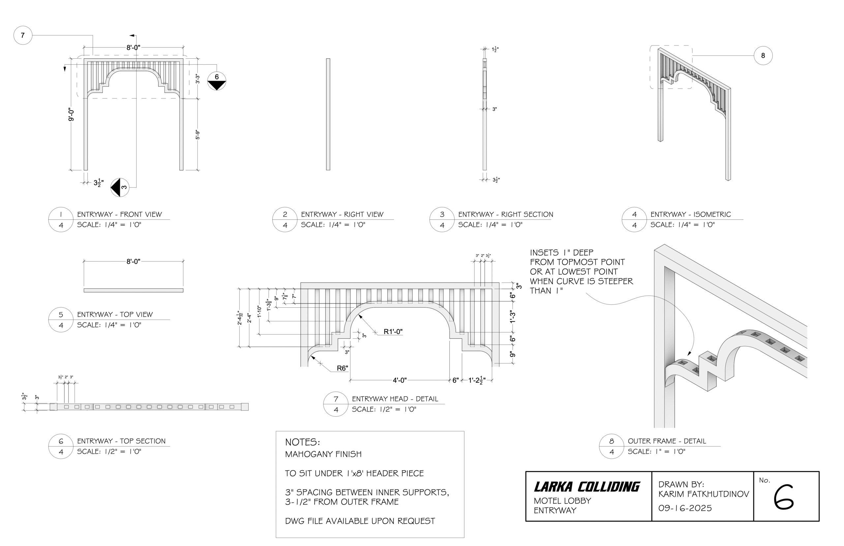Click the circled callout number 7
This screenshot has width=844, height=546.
pos(23,35)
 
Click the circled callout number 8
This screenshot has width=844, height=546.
pos(763,55)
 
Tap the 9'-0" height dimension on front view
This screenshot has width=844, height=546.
pos(71,114)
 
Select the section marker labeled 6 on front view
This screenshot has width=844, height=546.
pos(216,80)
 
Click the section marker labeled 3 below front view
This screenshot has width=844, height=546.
pos(120,187)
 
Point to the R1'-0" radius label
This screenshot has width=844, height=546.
pos(393,331)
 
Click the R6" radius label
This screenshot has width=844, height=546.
pos(342,368)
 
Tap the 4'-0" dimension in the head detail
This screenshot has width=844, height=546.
pos(399,380)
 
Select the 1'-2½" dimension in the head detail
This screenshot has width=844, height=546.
pos(476,380)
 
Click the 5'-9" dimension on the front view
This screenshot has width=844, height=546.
pos(197,135)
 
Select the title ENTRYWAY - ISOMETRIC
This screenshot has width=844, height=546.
pos(690,214)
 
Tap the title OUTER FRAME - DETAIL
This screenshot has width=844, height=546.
pos(666,441)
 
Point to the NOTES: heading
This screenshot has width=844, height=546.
pos(302,442)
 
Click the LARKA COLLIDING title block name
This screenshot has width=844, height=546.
pos(586,486)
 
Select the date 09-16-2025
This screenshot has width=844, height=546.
pos(684,508)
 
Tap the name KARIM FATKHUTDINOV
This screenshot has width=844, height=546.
pos(703,494)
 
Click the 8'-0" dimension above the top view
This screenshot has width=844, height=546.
pos(133,261)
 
